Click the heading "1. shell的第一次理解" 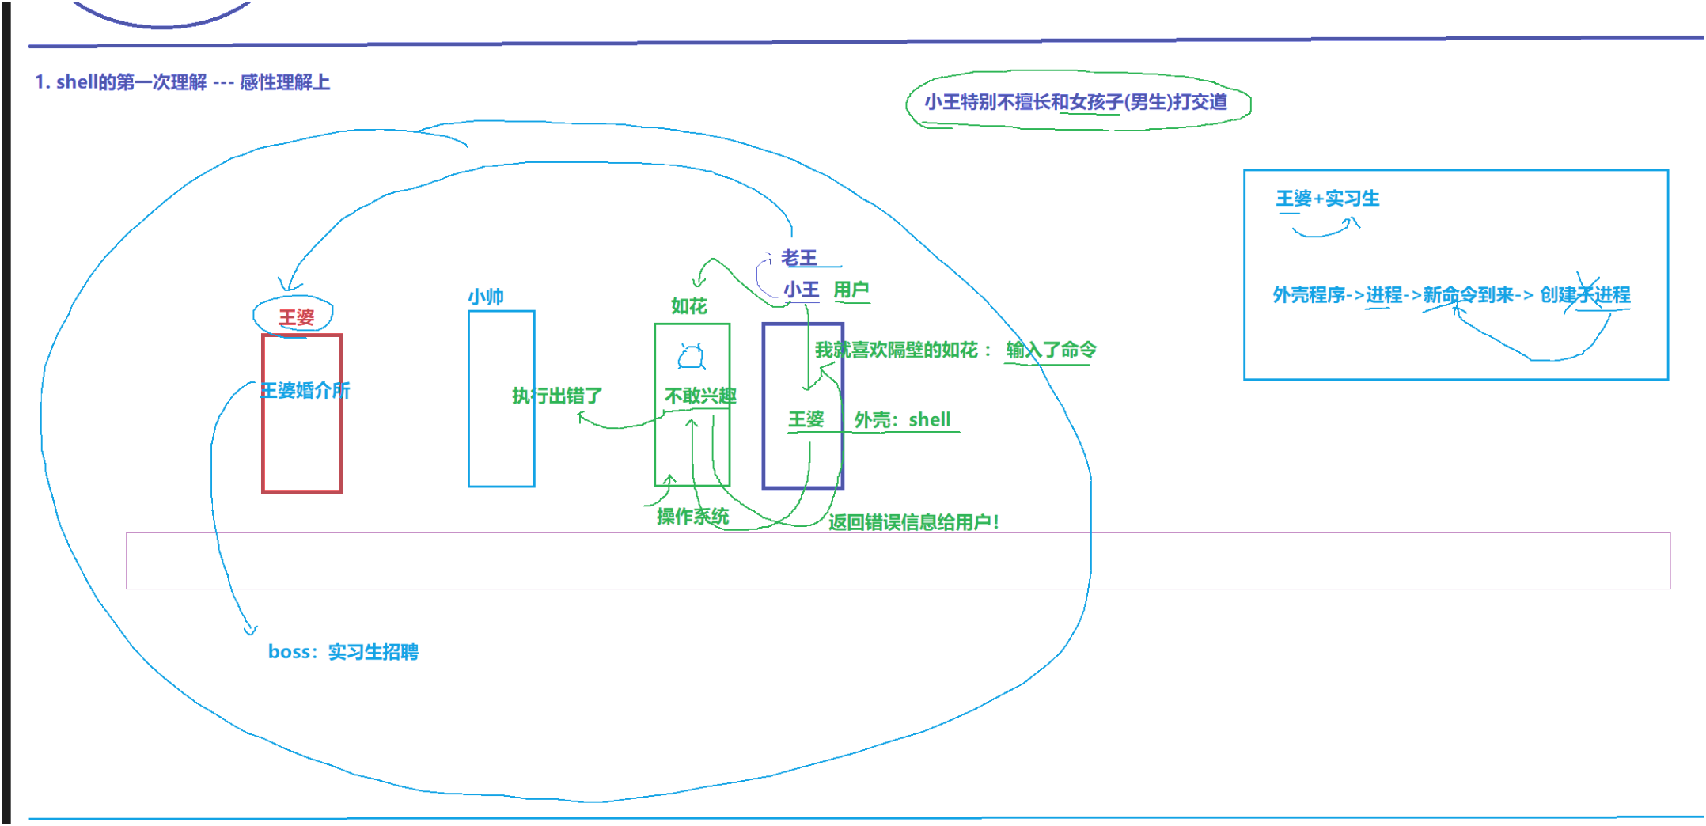point(181,82)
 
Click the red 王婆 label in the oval point(297,317)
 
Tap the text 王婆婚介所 point(305,390)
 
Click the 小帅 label point(486,297)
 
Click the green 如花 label point(688,306)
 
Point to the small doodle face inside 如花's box point(691,358)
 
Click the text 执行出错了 point(557,396)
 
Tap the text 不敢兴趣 point(700,396)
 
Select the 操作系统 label point(692,517)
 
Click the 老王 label point(799,258)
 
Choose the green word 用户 point(851,290)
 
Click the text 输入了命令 point(1051,350)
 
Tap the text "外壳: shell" point(902,419)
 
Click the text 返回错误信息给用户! point(914,522)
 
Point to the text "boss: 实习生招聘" point(343,652)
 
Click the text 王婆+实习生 point(1327,199)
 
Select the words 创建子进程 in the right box point(1585,295)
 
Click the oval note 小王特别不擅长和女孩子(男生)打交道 point(1076,101)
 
